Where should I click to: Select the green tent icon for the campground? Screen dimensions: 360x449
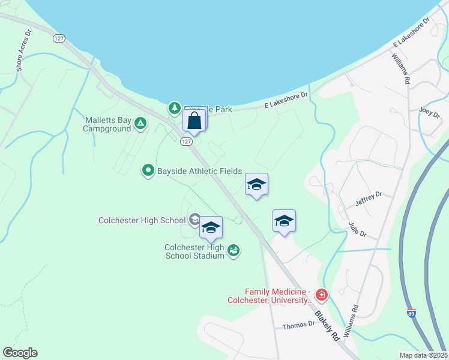[140, 124]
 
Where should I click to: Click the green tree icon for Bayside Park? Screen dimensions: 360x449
[174, 108]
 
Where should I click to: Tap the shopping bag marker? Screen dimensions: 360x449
[194, 121]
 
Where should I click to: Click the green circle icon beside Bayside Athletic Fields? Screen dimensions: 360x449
[148, 171]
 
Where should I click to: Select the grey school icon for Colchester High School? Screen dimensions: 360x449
[194, 220]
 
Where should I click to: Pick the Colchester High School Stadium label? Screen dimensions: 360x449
[194, 251]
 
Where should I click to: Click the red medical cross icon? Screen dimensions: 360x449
[322, 295]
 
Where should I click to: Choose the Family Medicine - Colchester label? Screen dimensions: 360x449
[270, 295]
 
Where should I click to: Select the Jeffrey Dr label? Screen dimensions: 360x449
[369, 199]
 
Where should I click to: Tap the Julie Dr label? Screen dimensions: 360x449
[357, 230]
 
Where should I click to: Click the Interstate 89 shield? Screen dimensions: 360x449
[411, 313]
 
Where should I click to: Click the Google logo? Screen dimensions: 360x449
[20, 353]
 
